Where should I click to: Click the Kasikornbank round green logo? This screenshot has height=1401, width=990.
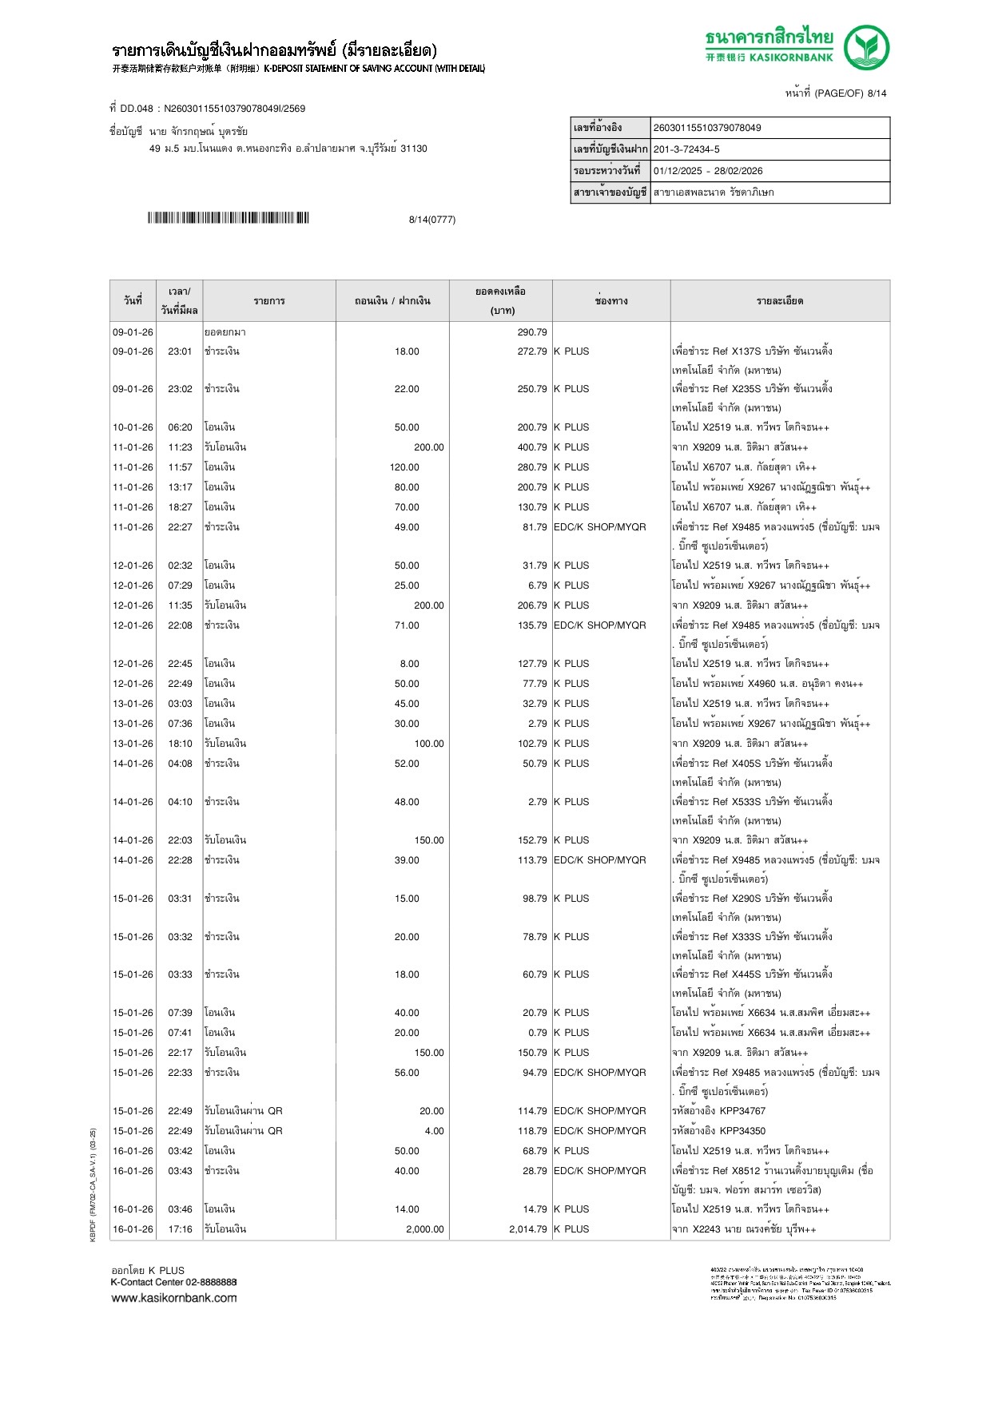[866, 47]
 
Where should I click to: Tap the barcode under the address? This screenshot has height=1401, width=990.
[228, 218]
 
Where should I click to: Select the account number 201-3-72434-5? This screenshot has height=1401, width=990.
[686, 149]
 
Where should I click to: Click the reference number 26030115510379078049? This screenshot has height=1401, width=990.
[707, 128]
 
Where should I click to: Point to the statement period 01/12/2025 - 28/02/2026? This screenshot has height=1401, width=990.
[708, 171]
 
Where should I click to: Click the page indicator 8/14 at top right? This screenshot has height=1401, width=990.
[877, 93]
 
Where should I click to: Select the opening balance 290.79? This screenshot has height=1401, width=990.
[531, 332]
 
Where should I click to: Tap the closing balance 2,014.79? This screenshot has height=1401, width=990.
[527, 1229]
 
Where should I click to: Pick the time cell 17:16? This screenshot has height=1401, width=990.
[180, 1229]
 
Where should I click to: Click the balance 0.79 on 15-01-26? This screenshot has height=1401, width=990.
[537, 1033]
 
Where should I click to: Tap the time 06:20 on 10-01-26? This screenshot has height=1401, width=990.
[180, 427]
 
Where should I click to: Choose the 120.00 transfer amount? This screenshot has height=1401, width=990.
[404, 467]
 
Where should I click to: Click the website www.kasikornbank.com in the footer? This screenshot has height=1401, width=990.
[174, 1298]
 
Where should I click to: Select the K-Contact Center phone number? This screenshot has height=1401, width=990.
[210, 1282]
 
